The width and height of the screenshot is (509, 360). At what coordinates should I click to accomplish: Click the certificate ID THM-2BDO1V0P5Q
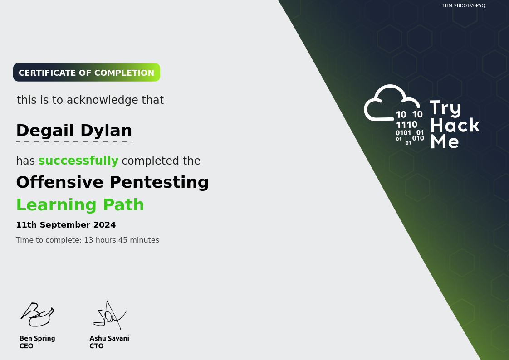(464, 5)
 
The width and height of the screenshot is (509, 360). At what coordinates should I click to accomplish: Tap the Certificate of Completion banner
(87, 73)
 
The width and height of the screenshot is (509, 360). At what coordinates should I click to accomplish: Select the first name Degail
(45, 131)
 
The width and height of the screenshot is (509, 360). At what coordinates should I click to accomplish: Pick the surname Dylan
(106, 131)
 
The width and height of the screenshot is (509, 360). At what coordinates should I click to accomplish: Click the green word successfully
(78, 161)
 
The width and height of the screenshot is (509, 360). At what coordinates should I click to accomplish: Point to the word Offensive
(60, 182)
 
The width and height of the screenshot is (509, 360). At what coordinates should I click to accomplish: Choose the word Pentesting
(159, 183)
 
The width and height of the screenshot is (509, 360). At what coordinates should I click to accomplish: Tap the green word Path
(123, 204)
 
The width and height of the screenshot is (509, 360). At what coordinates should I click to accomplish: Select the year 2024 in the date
(104, 225)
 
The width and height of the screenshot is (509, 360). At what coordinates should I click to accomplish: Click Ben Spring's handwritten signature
(37, 315)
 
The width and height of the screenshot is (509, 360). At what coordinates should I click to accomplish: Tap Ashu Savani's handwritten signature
(110, 315)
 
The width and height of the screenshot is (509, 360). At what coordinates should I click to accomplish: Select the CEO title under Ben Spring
(26, 346)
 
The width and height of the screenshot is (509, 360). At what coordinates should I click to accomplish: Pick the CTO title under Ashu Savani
(97, 346)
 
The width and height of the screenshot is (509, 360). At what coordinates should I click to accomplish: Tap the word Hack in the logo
(455, 125)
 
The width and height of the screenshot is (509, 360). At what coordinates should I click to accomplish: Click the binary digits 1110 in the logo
(406, 125)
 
